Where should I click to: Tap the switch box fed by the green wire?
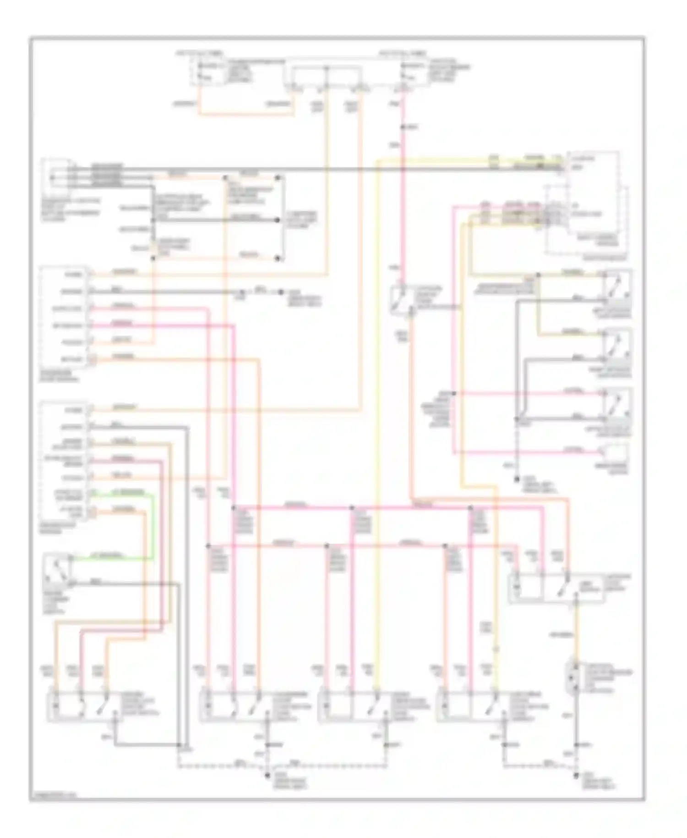57,569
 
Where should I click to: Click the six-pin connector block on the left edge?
64,316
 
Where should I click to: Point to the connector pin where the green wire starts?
92,493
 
